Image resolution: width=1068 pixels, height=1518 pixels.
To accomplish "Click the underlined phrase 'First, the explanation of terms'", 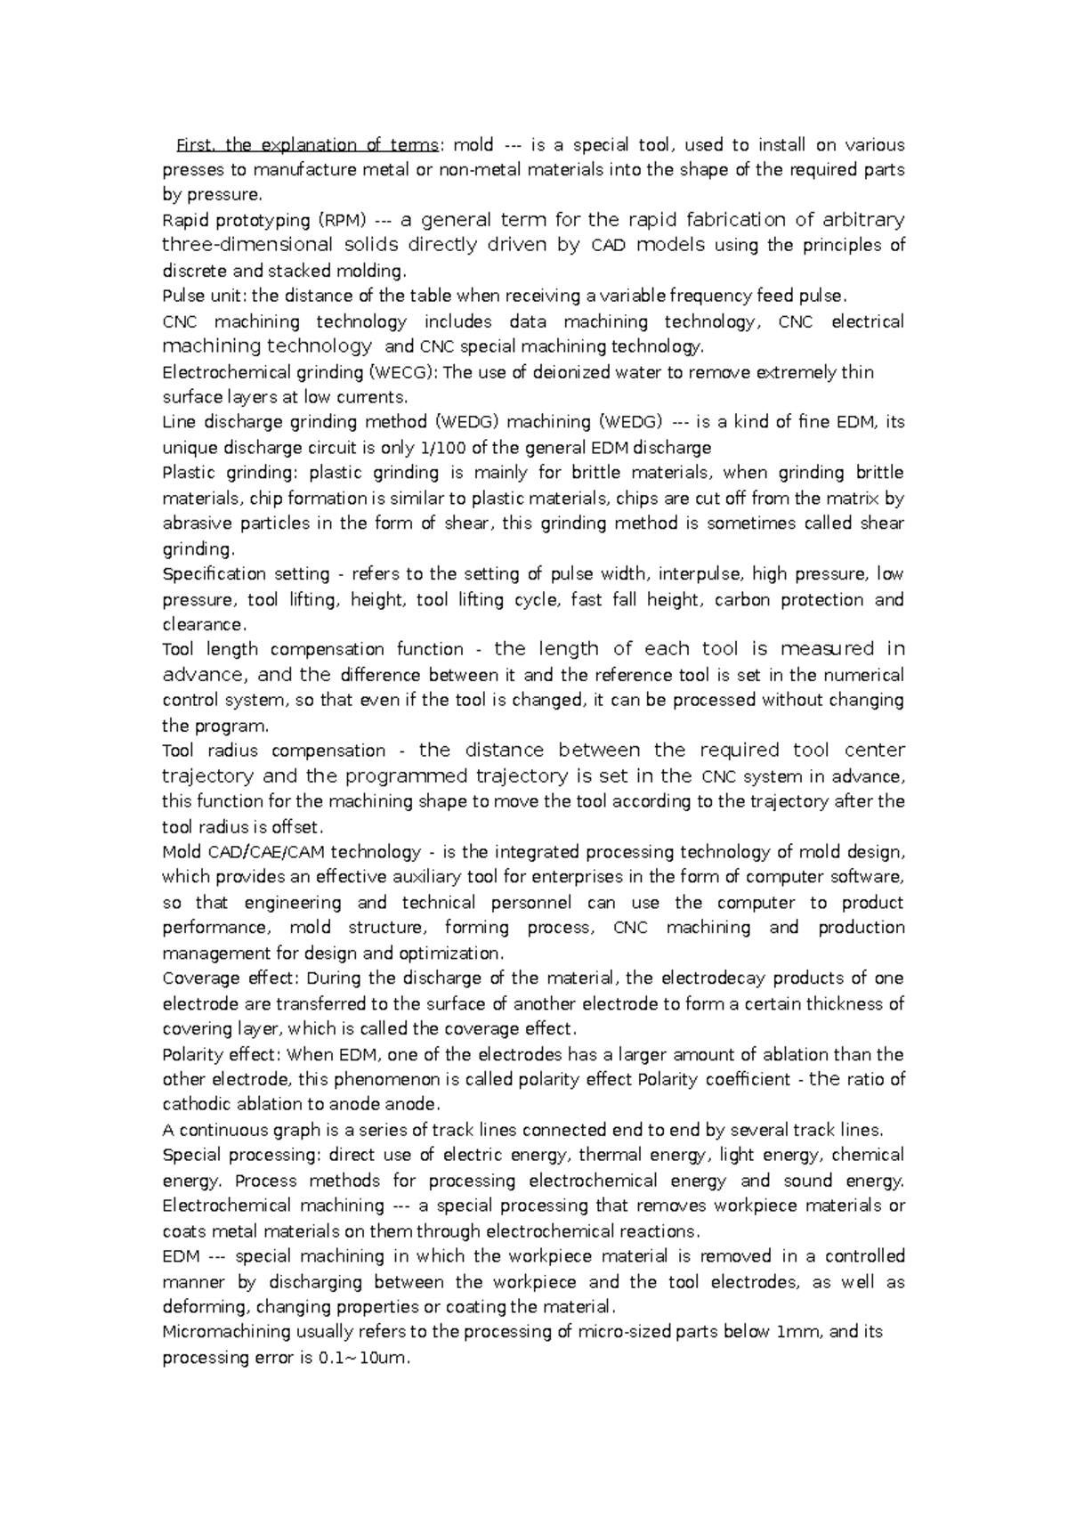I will (307, 145).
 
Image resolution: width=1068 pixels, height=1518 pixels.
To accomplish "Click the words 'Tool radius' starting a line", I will (209, 751).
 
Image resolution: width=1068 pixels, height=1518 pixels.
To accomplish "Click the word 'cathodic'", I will (197, 1105).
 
